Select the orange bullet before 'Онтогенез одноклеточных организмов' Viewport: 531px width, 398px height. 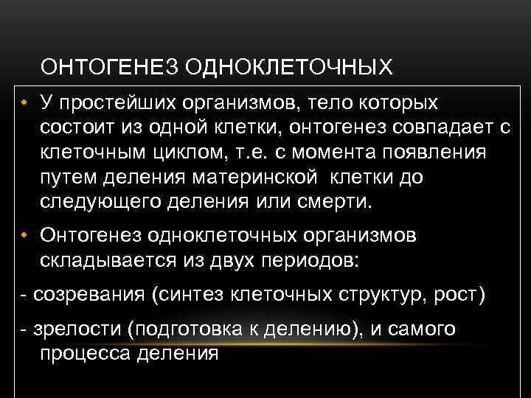click(x=24, y=235)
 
